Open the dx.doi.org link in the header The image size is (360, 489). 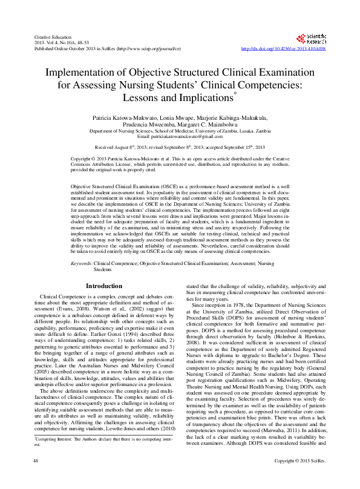pyautogui.click(x=284, y=48)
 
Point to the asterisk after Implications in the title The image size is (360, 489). pyautogui.click(x=235, y=93)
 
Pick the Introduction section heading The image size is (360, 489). pyautogui.click(x=103, y=286)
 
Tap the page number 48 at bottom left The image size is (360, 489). pyautogui.click(x=35, y=478)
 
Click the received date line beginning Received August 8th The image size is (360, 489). pyautogui.click(x=180, y=147)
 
